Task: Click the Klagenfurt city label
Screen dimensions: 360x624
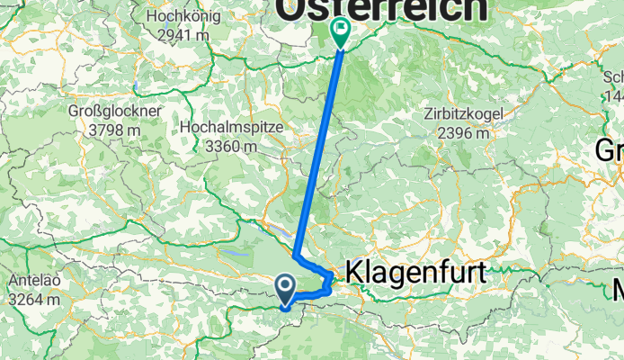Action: coord(415,273)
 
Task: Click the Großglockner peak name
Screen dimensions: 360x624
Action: coord(115,112)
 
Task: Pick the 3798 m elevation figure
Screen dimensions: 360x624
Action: coord(115,130)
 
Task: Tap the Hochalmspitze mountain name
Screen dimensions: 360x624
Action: coord(232,128)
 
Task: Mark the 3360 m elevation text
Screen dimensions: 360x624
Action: coord(232,147)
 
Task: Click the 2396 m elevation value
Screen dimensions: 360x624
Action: coord(464,133)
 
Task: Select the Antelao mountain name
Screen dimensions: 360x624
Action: coord(31,280)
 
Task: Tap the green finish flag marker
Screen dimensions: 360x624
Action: coord(341,32)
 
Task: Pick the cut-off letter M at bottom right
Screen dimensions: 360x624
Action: coord(617,291)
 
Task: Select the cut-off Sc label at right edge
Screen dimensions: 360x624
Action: coord(614,77)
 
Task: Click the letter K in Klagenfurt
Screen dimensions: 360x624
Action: coord(353,273)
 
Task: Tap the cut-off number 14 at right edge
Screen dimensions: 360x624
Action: coord(615,96)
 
